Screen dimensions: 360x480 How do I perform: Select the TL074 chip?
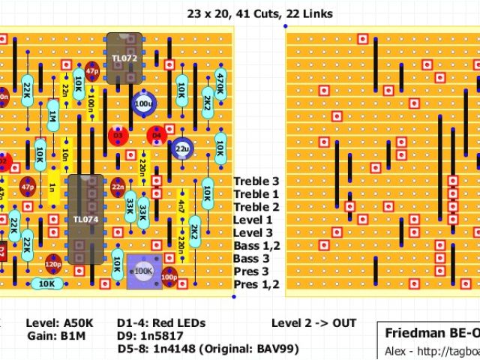85,219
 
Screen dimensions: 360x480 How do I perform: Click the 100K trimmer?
144,271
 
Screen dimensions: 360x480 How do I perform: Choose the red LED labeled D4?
157,136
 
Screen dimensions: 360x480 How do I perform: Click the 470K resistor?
220,84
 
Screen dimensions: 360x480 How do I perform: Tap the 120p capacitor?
53,265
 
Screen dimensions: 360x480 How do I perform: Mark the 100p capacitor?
169,277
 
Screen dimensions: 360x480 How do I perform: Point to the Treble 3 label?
256,181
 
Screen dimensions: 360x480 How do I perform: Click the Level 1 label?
253,220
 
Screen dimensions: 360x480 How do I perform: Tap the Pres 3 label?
251,271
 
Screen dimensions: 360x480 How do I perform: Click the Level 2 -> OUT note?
313,324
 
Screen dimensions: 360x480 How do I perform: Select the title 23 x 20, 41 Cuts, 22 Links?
259,13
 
